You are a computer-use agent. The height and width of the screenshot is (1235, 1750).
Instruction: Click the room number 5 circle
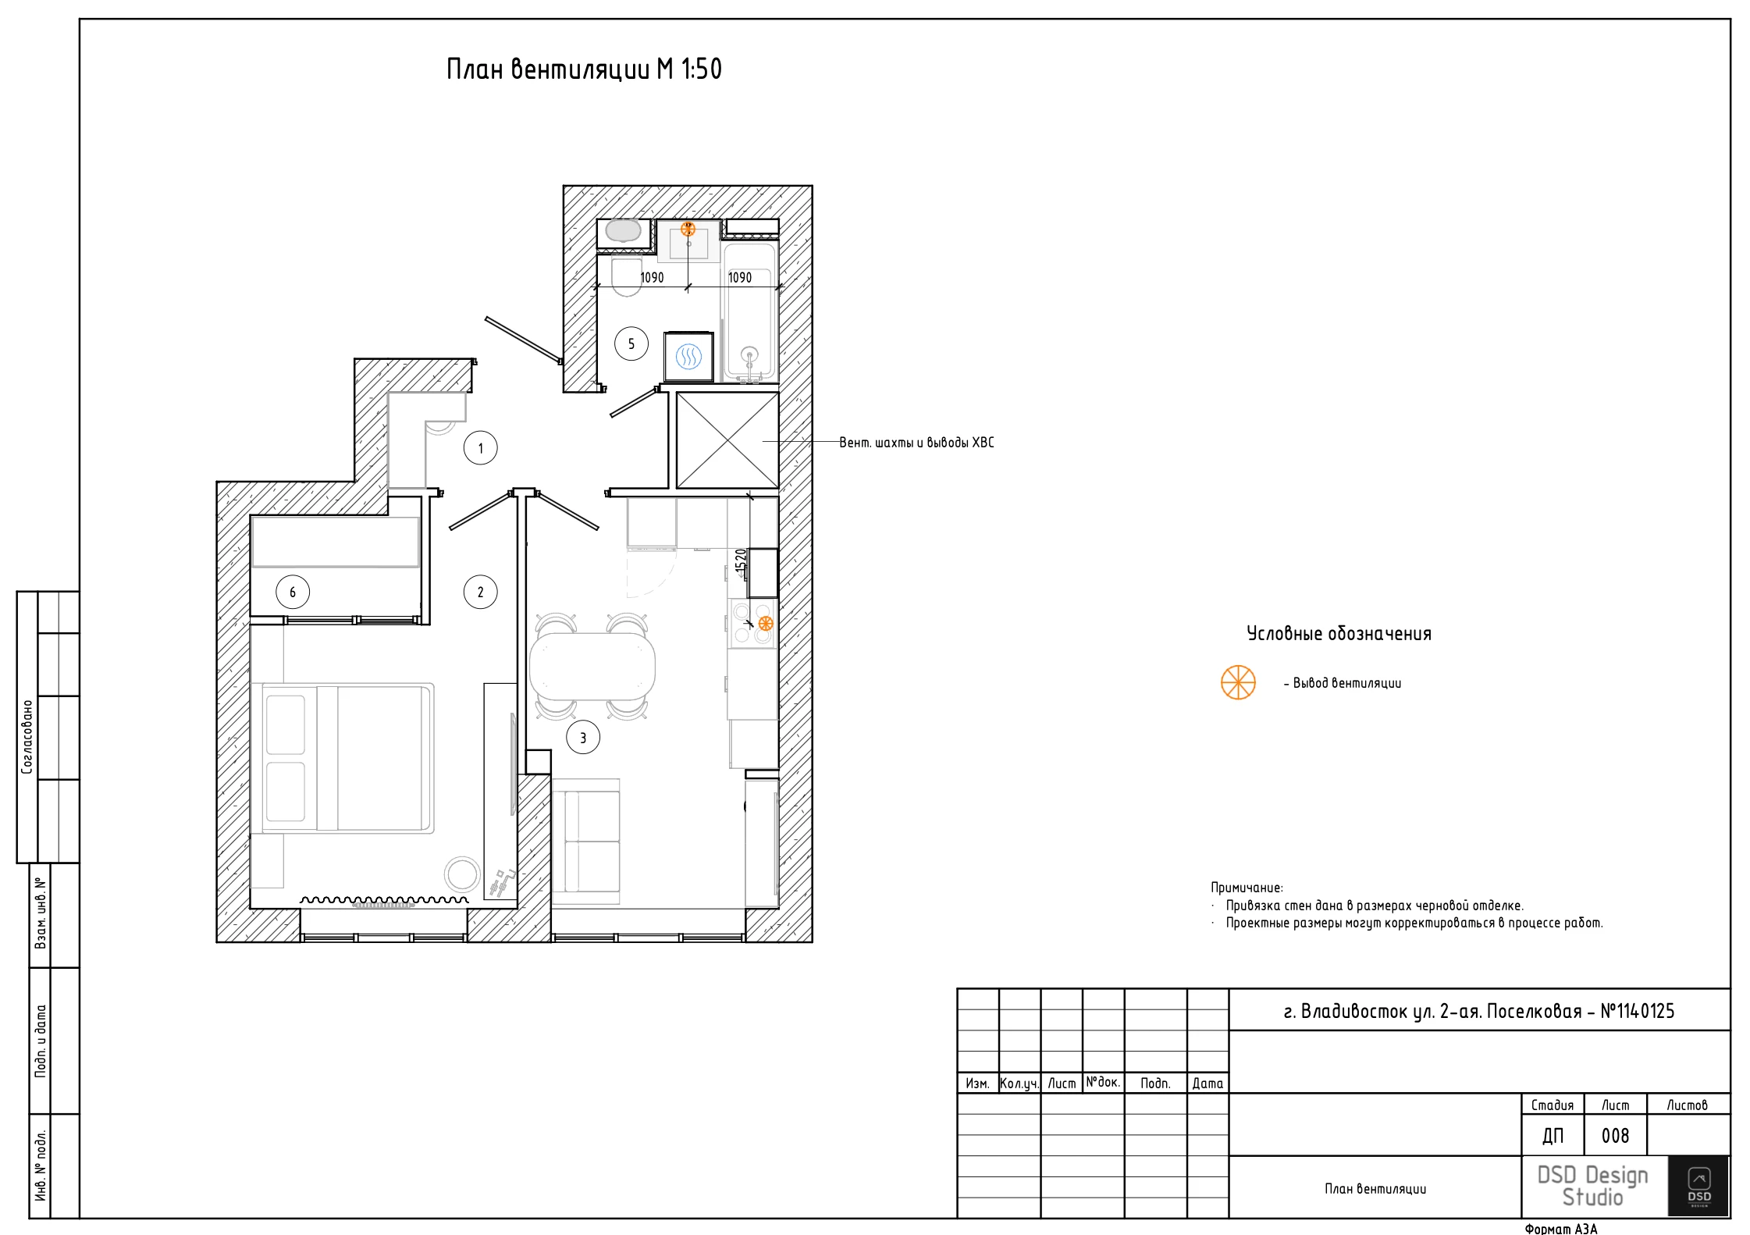pos(631,343)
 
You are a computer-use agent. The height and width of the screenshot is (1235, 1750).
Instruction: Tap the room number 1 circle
pos(481,448)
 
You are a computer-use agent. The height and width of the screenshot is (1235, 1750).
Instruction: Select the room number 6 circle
pos(293,592)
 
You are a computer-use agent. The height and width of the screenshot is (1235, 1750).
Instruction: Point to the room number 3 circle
pos(583,737)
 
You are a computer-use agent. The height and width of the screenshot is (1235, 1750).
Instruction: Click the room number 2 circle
pos(481,592)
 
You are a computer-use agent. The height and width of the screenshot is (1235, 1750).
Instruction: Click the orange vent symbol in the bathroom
pos(688,229)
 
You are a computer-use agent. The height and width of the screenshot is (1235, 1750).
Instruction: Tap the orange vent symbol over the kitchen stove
pos(766,623)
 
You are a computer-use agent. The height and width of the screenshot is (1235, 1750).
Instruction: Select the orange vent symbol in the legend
pos(1238,682)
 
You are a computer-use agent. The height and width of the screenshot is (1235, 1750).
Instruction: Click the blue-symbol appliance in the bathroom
pos(688,357)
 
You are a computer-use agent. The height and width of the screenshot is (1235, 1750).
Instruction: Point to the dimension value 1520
pos(741,562)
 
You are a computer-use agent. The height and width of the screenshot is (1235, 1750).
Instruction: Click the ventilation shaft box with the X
pos(727,440)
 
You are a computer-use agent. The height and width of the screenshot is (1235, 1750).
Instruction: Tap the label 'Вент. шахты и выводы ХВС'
pos(917,443)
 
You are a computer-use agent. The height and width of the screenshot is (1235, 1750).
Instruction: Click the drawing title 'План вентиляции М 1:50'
pos(584,69)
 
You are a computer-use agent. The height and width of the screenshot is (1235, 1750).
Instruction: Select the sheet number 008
pos(1615,1136)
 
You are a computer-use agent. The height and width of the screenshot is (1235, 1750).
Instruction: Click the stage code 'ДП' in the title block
pos(1553,1136)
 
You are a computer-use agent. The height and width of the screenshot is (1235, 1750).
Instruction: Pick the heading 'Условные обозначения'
pos(1339,633)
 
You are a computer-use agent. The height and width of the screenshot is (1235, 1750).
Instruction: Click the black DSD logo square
pos(1699,1186)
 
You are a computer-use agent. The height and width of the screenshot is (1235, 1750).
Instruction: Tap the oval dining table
pos(592,666)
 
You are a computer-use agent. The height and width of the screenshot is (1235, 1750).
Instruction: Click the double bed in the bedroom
pos(347,758)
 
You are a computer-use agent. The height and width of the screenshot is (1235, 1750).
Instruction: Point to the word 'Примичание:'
pos(1247,888)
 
